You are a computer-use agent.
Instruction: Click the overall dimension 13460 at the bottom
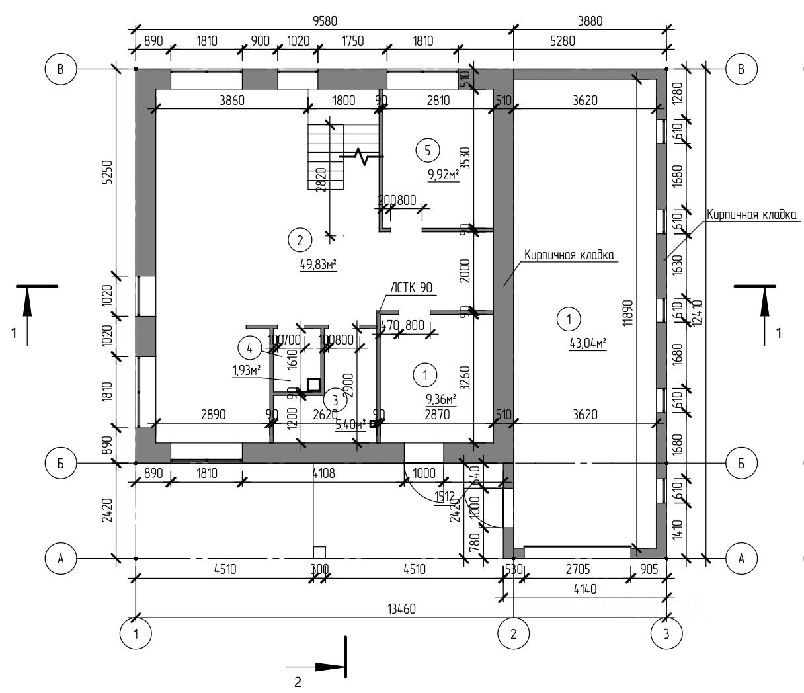pos(401,609)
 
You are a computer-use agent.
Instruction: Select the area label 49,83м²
pos(319,265)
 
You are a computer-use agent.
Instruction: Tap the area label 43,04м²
pos(588,343)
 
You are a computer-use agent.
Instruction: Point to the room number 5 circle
pos(427,151)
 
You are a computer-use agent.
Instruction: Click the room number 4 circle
pos(249,347)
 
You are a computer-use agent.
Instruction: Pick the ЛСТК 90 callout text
pos(411,287)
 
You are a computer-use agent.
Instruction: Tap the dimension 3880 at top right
pos(590,21)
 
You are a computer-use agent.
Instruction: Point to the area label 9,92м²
pos(444,175)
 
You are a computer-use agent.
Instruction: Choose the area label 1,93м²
pos(246,370)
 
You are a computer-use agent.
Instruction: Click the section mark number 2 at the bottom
pos(298,682)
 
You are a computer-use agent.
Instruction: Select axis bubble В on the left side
pos(61,69)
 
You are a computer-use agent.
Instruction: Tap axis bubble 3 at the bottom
pos(666,633)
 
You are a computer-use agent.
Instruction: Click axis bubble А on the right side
pos(741,559)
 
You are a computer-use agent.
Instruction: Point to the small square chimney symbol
pos(313,384)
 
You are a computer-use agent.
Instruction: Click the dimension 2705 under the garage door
pos(578,569)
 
